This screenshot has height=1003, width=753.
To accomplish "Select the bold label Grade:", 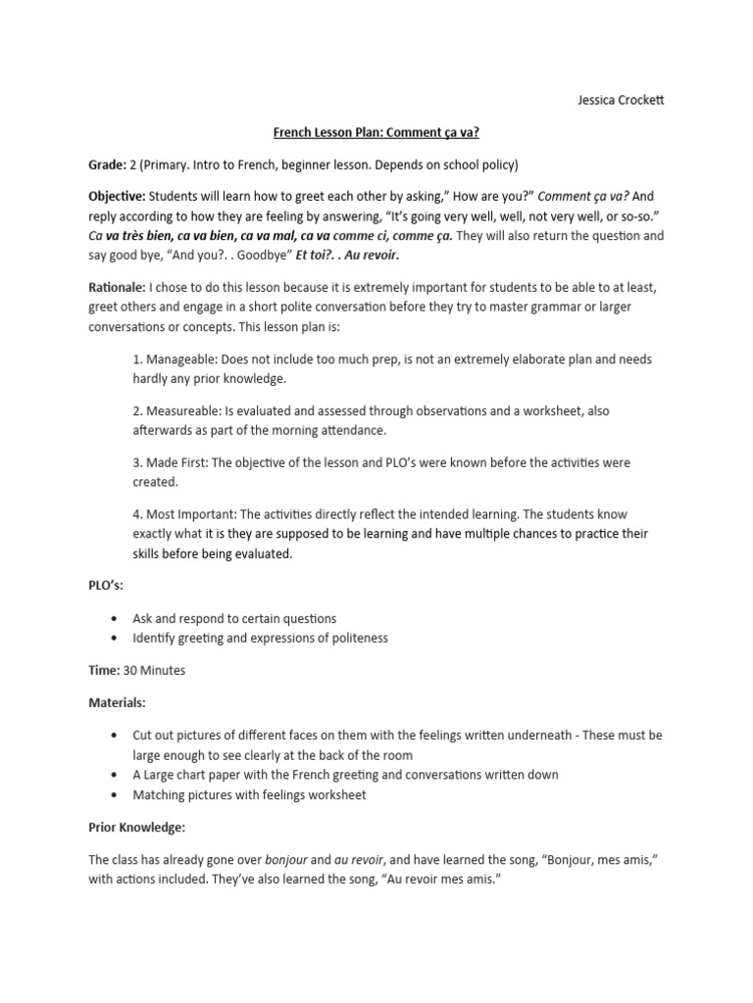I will pos(107,164).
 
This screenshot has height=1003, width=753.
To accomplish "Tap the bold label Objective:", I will pos(117,195).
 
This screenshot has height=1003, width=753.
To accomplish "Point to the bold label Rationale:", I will pos(116,287).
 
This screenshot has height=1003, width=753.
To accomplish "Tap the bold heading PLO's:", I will pos(106,585).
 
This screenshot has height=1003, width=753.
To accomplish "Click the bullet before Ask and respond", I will pos(117,619).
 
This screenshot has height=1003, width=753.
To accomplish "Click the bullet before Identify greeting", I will pos(117,638).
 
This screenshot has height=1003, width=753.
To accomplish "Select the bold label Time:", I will pos(104,671).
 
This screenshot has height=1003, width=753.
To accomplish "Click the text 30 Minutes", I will pos(154,671).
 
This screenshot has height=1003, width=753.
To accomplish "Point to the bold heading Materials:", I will pos(118,702).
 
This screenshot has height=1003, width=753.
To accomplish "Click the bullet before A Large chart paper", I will pos(117,775).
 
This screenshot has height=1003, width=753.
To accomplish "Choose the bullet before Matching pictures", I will pos(117,794).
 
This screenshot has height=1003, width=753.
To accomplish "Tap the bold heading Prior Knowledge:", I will pos(137,828).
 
